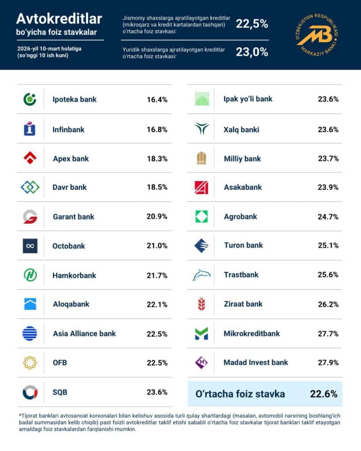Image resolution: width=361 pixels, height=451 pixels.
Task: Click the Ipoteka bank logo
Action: click(x=30, y=99)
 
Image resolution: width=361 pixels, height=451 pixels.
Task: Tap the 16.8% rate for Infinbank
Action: click(x=157, y=129)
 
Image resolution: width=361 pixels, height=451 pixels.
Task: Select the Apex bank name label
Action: click(x=71, y=158)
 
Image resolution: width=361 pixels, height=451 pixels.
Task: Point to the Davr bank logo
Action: click(x=30, y=187)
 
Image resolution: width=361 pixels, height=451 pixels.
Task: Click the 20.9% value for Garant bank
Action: click(x=157, y=217)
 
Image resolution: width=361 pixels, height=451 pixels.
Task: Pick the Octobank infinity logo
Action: click(x=30, y=246)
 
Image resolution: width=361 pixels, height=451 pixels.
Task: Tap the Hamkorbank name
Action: click(x=74, y=275)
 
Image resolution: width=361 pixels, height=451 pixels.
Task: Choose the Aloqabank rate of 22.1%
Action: click(x=157, y=304)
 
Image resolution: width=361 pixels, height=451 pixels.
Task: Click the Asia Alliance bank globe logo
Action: click(x=30, y=333)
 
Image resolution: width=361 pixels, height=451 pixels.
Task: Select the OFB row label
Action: click(x=60, y=363)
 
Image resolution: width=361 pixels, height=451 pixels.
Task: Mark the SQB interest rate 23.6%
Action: click(x=157, y=392)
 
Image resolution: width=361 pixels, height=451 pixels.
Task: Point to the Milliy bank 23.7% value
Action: click(x=328, y=158)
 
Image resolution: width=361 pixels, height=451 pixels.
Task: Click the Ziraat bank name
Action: click(x=243, y=304)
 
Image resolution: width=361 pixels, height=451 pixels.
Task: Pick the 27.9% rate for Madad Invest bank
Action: click(x=328, y=362)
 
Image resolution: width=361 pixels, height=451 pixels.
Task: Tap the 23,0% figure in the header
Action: click(x=252, y=52)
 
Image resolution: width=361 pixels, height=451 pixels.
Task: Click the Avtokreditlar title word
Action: click(x=59, y=18)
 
